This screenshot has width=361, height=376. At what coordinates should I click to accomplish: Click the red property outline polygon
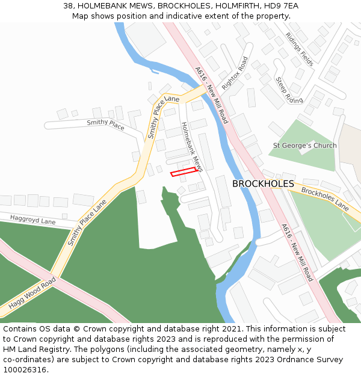[184, 172]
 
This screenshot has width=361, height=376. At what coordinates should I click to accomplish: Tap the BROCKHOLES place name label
[263, 183]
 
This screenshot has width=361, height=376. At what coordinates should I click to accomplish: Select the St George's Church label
[305, 146]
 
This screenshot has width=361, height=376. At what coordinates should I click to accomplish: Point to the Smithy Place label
[105, 125]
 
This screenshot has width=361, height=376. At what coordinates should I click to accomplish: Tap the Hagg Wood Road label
[32, 294]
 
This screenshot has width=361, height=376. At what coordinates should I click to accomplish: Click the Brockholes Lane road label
[325, 199]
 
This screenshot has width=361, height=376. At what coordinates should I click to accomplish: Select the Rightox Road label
[235, 73]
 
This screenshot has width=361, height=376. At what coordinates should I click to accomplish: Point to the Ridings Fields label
[300, 49]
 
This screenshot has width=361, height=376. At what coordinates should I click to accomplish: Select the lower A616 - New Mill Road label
[297, 253]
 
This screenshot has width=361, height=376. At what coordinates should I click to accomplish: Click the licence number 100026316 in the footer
[26, 369]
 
